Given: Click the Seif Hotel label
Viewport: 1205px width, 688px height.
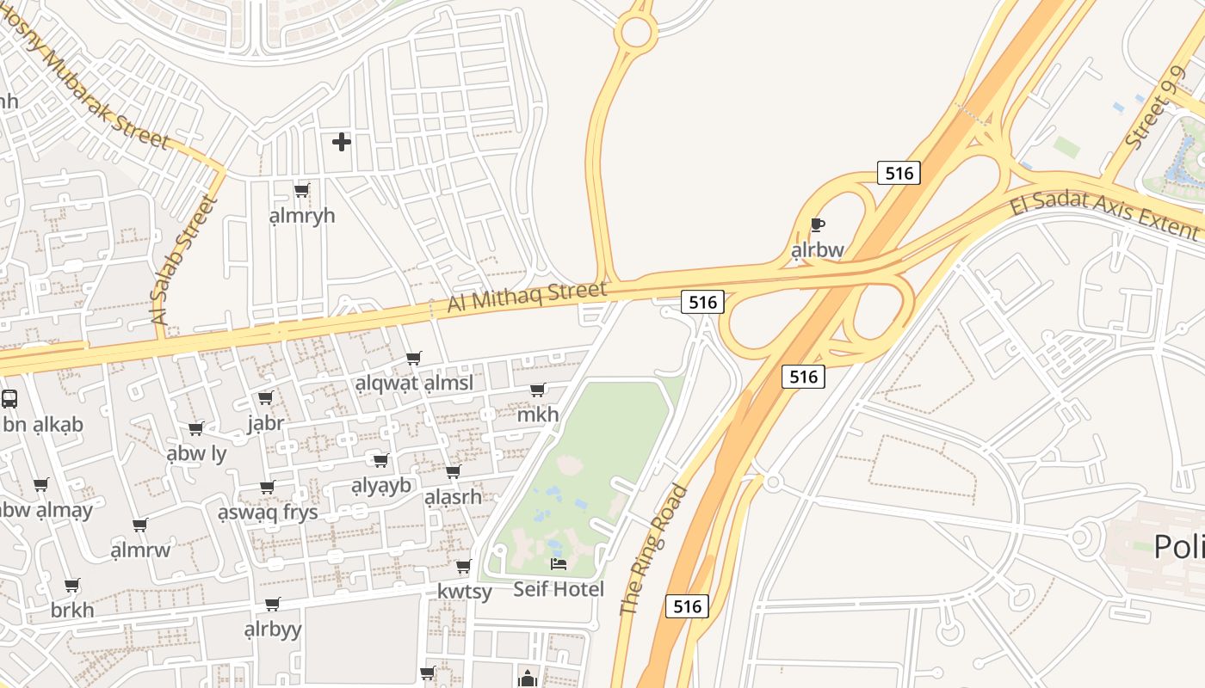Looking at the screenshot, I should tap(558, 589).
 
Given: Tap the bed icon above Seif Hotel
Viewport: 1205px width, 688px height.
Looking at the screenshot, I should tap(559, 564).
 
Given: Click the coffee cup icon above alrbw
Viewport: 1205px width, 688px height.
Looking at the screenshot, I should tap(817, 225).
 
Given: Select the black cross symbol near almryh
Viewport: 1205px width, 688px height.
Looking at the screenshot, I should tap(342, 142).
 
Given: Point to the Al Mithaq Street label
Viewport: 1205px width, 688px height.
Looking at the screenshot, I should tap(526, 297).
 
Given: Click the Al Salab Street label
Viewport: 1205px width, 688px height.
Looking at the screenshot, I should tap(183, 260).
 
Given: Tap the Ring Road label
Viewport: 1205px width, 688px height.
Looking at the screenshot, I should tap(654, 550).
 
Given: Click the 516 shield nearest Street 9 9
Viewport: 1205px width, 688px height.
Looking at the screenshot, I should tap(899, 173).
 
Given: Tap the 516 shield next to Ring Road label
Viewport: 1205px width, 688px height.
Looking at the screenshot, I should tap(687, 606).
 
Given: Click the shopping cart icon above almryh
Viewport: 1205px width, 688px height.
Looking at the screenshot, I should tap(301, 190).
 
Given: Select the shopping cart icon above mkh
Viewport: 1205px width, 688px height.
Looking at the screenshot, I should tap(538, 390).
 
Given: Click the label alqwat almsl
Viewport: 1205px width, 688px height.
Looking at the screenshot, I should tap(414, 384).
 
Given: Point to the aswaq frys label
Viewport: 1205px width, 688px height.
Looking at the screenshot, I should tap(268, 513).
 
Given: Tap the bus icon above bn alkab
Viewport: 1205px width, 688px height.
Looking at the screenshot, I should tap(9, 399).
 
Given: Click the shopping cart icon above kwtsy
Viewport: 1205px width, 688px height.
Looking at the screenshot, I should tap(464, 566).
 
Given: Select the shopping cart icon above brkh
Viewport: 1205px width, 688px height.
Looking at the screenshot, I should tap(72, 586).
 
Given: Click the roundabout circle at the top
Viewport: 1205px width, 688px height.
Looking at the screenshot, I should tap(636, 33).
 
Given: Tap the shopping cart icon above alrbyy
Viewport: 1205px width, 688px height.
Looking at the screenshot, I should tap(273, 605).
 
